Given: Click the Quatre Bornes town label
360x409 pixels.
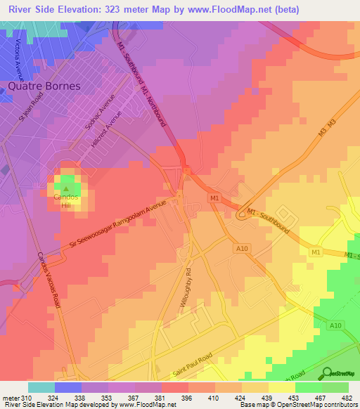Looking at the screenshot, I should [44, 86].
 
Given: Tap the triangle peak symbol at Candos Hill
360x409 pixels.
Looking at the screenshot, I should [67, 188].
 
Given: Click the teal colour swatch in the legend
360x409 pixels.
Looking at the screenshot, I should [41, 387].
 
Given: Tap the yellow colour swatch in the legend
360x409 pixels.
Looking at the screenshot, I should [282, 387].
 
